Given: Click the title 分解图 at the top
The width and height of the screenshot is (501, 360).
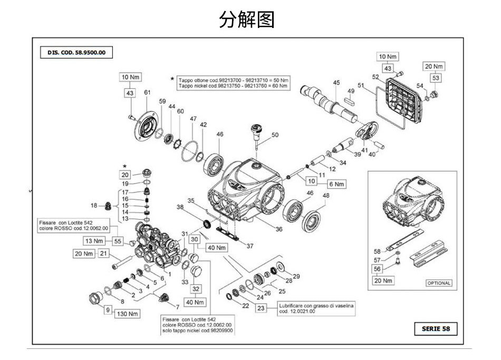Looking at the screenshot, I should (x=247, y=20).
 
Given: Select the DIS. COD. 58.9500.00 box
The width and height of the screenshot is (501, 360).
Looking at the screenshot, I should (x=76, y=53).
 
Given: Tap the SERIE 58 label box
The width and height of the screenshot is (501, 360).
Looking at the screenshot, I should (x=436, y=329).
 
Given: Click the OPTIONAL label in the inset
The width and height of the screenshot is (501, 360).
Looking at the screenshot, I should (x=438, y=283).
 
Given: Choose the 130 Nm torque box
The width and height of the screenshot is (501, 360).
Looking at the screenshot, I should (x=127, y=314).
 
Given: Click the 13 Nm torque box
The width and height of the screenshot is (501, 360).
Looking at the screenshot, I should (x=97, y=241).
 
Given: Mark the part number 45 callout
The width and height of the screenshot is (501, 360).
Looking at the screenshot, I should (x=336, y=82).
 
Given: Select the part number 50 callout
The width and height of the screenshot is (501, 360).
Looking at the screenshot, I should (x=275, y=135).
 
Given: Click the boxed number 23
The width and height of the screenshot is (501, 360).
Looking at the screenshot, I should (x=262, y=309).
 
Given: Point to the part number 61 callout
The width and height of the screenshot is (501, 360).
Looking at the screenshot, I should (x=147, y=92).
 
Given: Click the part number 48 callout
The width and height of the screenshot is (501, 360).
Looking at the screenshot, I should (x=326, y=196).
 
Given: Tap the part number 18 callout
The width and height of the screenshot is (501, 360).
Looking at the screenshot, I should (x=94, y=205).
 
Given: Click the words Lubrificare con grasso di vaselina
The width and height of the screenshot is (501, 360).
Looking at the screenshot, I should (x=316, y=306).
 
